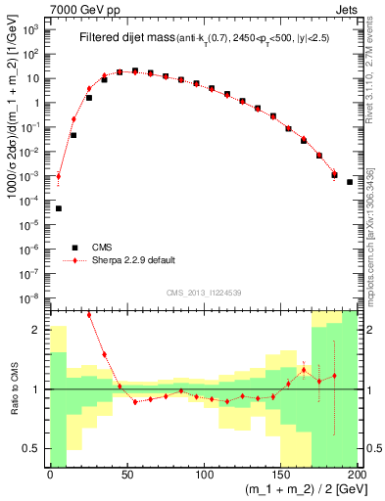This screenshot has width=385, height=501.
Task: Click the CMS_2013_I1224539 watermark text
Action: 203,292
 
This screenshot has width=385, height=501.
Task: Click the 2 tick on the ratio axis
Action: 39,330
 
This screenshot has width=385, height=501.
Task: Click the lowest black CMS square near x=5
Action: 58,208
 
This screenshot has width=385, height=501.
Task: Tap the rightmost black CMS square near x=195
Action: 350,181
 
